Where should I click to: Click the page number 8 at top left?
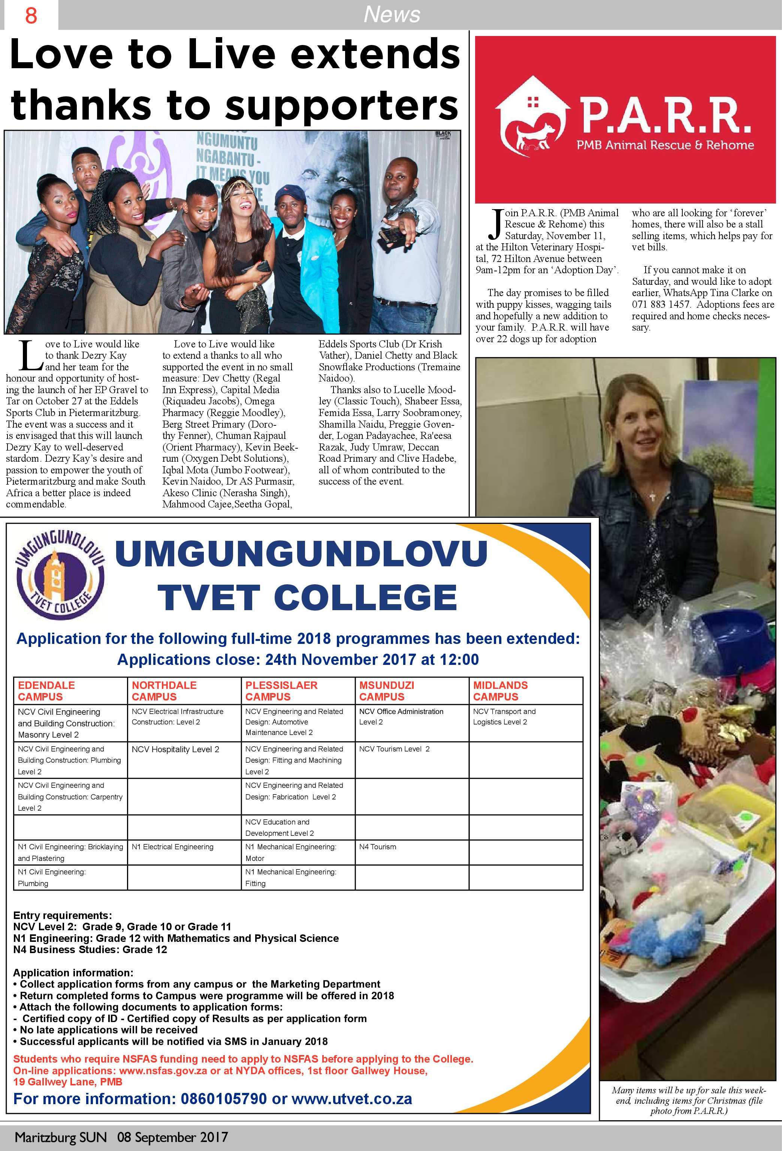[31, 16]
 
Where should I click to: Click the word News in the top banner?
[392, 14]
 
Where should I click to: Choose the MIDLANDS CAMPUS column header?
[500, 691]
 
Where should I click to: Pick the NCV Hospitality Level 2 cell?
[175, 749]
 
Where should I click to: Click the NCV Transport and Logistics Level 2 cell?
[504, 717]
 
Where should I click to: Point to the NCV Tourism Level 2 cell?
[394, 749]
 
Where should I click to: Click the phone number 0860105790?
[223, 1099]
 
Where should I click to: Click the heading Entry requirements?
[63, 915]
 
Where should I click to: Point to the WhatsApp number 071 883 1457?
[661, 304]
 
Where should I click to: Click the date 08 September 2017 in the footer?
[172, 1137]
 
